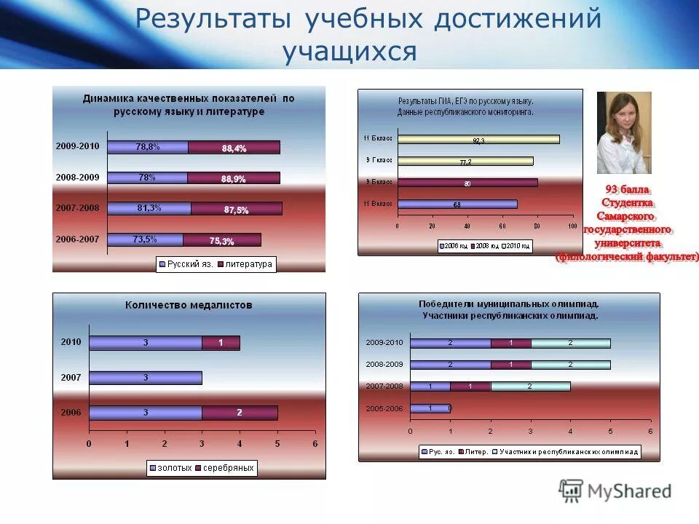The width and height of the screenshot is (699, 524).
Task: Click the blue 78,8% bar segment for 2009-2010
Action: [x=148, y=147]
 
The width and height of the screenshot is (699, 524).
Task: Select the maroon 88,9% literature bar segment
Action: [x=234, y=178]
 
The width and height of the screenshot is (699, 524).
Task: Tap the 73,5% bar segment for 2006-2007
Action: [x=146, y=239]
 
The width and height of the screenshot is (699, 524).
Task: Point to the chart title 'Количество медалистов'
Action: [x=189, y=306]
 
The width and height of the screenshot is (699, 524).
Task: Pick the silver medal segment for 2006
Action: [x=240, y=413]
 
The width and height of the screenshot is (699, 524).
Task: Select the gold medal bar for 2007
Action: [x=145, y=378]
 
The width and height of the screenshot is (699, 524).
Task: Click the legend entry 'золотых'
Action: [x=172, y=468]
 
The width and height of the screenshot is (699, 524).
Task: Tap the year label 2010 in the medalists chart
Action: [x=71, y=341]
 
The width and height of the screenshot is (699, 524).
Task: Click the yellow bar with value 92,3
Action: [x=478, y=140]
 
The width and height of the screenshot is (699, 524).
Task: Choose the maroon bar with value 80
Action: [x=467, y=183]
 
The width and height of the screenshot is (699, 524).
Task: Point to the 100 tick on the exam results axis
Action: [x=568, y=226]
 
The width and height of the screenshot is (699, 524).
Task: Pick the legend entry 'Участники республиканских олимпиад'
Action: [x=565, y=452]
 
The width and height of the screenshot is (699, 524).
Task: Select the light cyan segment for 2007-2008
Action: [x=530, y=386]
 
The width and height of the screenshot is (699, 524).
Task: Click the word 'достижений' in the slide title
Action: [x=518, y=19]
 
